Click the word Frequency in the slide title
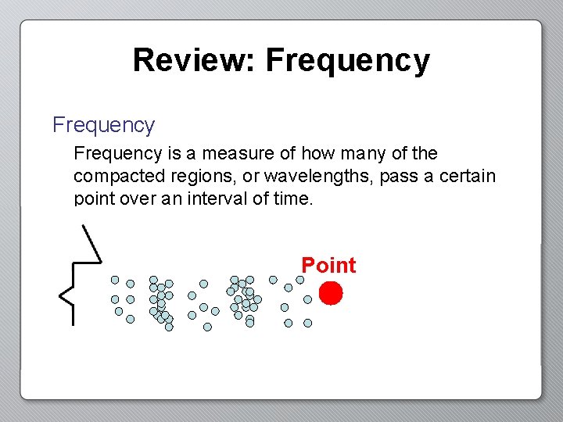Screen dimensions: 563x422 pyautogui.click(x=348, y=61)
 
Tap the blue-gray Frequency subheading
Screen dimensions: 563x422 pyautogui.click(x=103, y=125)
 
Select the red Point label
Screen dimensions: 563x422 pyautogui.click(x=328, y=266)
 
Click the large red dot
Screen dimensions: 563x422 pyautogui.click(x=331, y=293)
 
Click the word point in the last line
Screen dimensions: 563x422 pyautogui.click(x=95, y=198)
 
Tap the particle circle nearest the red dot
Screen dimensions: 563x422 pyautogui.click(x=307, y=299)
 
